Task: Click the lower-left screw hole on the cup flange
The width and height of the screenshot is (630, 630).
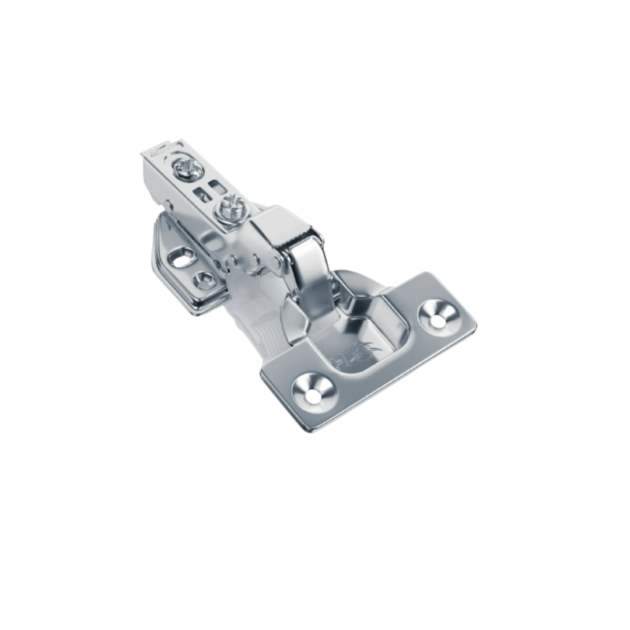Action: coord(313,391)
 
